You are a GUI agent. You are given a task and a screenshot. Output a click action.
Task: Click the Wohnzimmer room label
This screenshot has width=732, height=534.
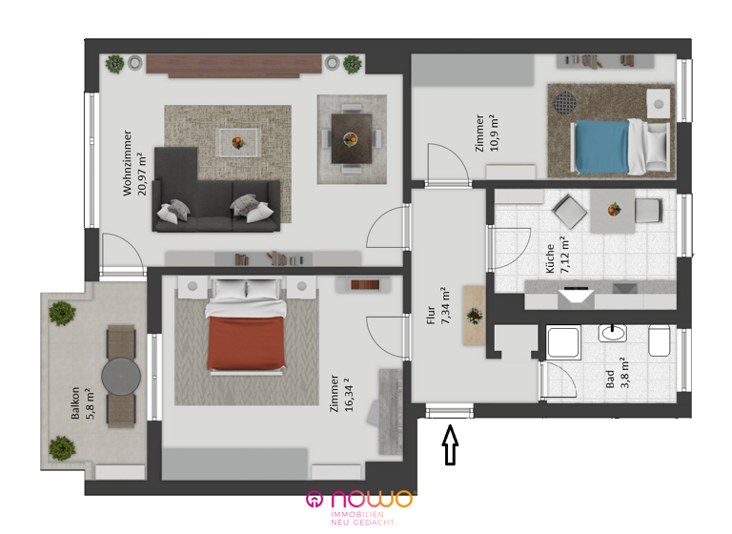click(128, 163)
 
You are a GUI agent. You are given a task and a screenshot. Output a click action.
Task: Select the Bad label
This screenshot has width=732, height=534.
click(610, 375)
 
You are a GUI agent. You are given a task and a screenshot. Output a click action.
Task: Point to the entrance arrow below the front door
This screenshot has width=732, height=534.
click(452, 445)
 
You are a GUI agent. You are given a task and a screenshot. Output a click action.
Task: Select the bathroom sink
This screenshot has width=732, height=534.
click(610, 334)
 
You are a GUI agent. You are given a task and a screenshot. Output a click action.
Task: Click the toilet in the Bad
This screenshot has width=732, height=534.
click(658, 339)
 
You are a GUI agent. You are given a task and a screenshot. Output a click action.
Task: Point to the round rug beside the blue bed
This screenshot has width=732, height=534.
click(565, 101)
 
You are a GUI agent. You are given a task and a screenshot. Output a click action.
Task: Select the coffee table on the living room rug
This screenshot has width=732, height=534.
click(235, 140)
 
